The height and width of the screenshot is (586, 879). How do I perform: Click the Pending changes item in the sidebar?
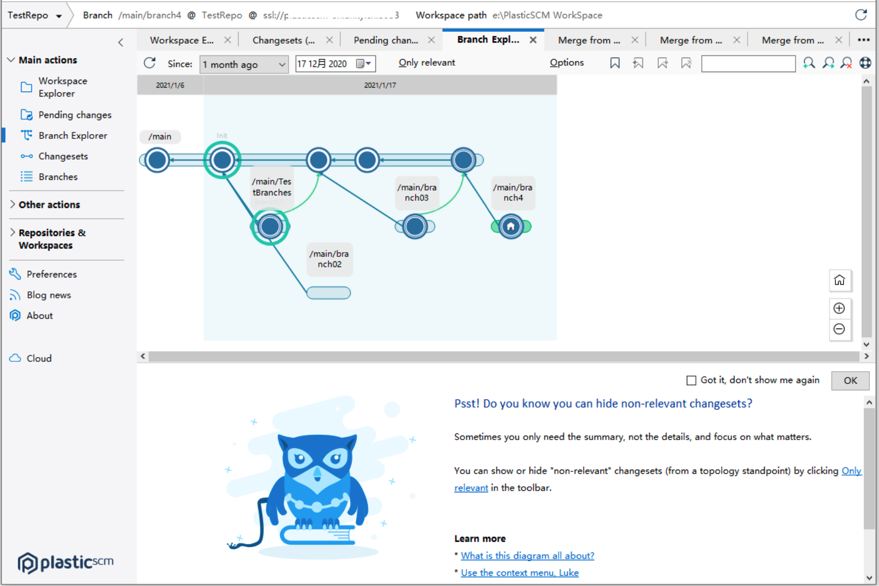click(x=74, y=115)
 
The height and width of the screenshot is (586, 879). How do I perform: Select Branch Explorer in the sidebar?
click(x=73, y=136)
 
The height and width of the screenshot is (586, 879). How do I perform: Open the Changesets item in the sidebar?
click(x=63, y=156)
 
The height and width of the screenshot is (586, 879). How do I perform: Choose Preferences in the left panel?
click(x=52, y=274)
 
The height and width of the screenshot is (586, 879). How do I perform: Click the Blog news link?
click(x=48, y=295)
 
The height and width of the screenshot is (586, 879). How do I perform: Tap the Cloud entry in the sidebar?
click(x=39, y=358)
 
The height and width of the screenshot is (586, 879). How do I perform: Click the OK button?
click(x=850, y=380)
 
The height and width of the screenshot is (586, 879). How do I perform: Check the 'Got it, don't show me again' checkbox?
click(x=692, y=380)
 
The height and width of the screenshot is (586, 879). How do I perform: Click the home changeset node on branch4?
click(x=511, y=227)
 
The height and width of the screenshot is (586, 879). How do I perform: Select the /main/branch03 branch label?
click(x=417, y=192)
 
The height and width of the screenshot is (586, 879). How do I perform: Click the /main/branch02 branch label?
click(x=329, y=259)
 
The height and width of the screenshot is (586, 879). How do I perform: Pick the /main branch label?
click(x=160, y=137)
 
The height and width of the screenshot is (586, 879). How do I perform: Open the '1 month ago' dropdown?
click(x=244, y=65)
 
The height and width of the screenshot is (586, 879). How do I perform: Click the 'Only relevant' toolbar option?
click(x=427, y=62)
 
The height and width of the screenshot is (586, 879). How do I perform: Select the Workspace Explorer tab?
click(x=182, y=40)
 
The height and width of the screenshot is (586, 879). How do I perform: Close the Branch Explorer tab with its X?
click(x=533, y=40)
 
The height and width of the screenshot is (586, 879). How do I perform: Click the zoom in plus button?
click(x=839, y=308)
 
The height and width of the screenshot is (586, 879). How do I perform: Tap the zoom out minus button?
click(x=839, y=329)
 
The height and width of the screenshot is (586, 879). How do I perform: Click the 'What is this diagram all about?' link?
click(x=527, y=556)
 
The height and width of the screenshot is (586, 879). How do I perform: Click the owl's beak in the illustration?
click(x=318, y=475)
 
